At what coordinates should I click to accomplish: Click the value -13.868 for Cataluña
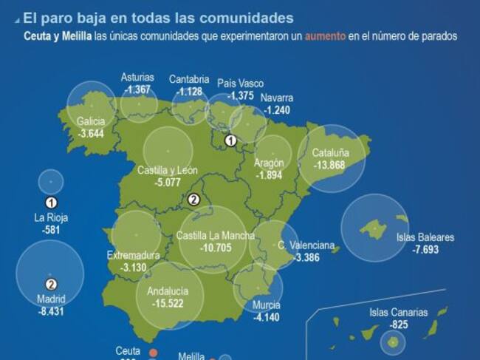(x=329, y=165)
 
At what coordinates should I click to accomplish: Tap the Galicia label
(x=90, y=122)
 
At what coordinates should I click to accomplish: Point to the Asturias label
(x=137, y=78)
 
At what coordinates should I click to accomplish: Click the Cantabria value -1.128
(x=188, y=92)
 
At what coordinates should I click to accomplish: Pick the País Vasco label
(x=240, y=84)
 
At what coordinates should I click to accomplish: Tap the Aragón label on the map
(x=269, y=163)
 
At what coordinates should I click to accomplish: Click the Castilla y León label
(x=168, y=170)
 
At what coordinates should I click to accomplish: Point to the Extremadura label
(x=134, y=256)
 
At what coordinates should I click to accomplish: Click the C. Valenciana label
(x=306, y=245)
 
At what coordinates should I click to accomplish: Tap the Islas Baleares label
(x=425, y=238)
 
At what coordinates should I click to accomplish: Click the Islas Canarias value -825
(x=399, y=324)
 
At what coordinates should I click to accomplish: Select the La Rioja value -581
(x=51, y=230)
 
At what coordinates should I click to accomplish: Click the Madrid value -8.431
(x=51, y=311)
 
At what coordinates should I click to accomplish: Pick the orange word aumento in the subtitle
(x=326, y=35)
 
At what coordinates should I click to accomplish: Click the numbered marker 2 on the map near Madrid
(x=194, y=199)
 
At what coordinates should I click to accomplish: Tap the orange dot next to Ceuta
(x=154, y=353)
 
